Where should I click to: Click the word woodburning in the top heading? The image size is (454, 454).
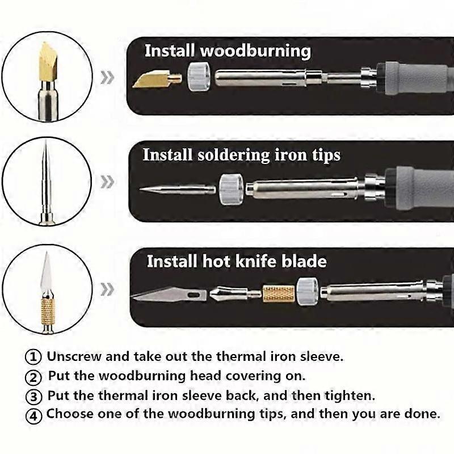[x=256, y=51]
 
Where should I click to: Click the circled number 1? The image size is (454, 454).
[x=33, y=357]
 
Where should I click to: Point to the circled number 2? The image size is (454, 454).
[x=33, y=377]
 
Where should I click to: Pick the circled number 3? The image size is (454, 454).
[x=33, y=396]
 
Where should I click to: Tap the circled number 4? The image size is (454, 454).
[x=34, y=415]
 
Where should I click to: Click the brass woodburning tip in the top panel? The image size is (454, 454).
[x=157, y=79]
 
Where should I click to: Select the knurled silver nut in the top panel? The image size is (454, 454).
[x=199, y=77]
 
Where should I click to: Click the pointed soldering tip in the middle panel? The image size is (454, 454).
[x=178, y=190]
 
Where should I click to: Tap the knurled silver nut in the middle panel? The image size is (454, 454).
[x=231, y=190]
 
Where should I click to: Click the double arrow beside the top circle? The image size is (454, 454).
[x=107, y=77]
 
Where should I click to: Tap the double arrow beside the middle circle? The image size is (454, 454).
[x=107, y=182]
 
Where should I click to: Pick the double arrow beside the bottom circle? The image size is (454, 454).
[x=107, y=289]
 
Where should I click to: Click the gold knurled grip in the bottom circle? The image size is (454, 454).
[x=48, y=312]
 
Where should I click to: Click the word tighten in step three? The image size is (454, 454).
[x=350, y=396]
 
